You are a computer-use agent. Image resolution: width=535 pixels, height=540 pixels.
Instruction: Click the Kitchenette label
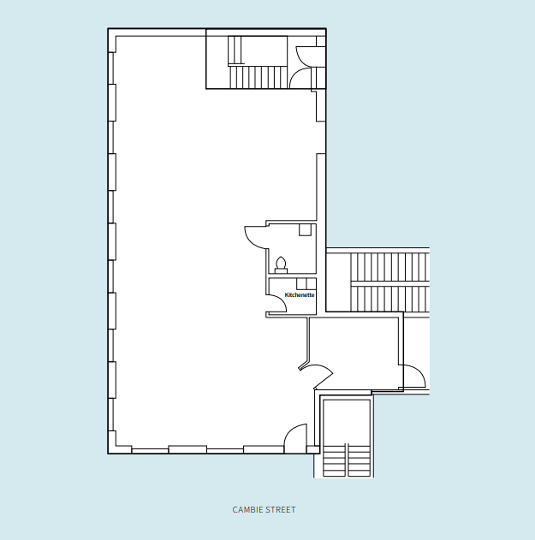click(x=300, y=295)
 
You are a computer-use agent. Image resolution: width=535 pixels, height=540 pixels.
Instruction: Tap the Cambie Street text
click(x=264, y=510)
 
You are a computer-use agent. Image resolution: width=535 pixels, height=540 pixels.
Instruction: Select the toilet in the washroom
click(x=281, y=264)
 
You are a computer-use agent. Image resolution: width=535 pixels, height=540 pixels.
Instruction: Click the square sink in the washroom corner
click(x=305, y=229)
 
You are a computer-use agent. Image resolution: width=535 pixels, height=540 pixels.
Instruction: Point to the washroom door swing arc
click(x=255, y=236)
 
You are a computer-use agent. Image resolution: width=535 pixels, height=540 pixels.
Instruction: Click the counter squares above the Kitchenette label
click(x=306, y=283)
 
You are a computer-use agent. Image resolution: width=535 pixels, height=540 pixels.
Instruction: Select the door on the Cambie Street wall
click(x=296, y=437)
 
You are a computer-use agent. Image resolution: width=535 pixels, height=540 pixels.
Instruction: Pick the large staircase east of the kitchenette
click(x=389, y=282)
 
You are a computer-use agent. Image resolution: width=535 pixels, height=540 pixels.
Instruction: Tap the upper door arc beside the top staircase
click(x=307, y=55)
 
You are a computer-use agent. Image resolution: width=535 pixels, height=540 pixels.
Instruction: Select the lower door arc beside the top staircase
click(x=300, y=80)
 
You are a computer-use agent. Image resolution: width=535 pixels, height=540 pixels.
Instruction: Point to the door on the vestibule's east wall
click(x=413, y=375)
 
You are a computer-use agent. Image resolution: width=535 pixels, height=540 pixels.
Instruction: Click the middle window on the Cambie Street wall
click(x=187, y=449)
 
